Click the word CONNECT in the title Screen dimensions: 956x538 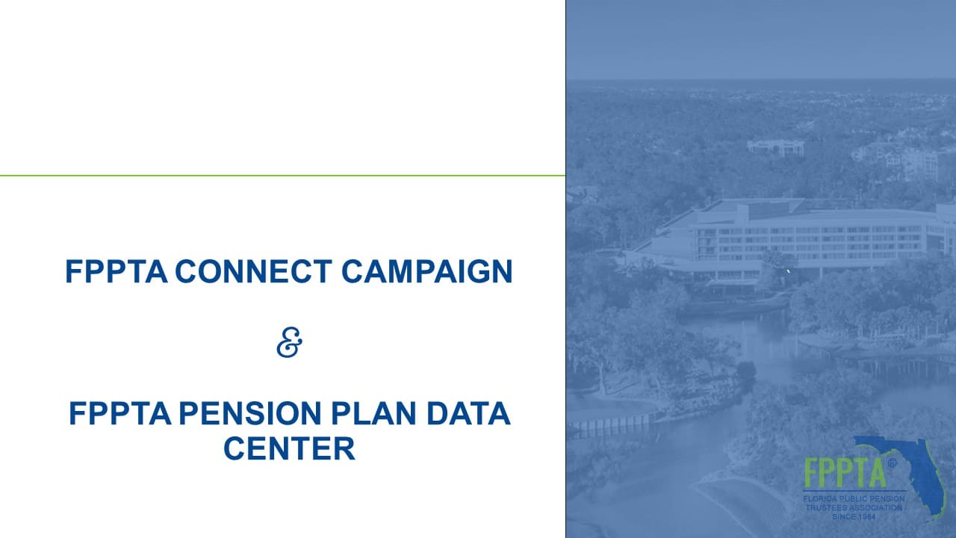pyautogui.click(x=253, y=271)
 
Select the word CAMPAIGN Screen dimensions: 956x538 pyautogui.click(x=426, y=271)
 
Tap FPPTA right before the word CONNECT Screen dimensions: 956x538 pyautogui.click(x=116, y=271)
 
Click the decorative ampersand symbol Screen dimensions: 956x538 pyautogui.click(x=289, y=342)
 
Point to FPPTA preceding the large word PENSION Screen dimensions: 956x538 pyautogui.click(x=120, y=413)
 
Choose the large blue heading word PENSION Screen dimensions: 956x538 pyautogui.click(x=249, y=413)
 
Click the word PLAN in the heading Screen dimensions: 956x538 pyautogui.click(x=373, y=413)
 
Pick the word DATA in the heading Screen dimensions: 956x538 pyautogui.click(x=468, y=413)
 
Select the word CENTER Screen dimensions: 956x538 pyautogui.click(x=289, y=448)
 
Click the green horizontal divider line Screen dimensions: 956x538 pyautogui.click(x=282, y=176)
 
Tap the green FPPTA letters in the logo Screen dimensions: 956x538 pyautogui.click(x=845, y=473)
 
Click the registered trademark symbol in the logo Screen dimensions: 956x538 pyautogui.click(x=892, y=463)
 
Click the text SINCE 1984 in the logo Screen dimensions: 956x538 pyautogui.click(x=854, y=516)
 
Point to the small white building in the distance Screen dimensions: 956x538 pyautogui.click(x=775, y=147)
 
